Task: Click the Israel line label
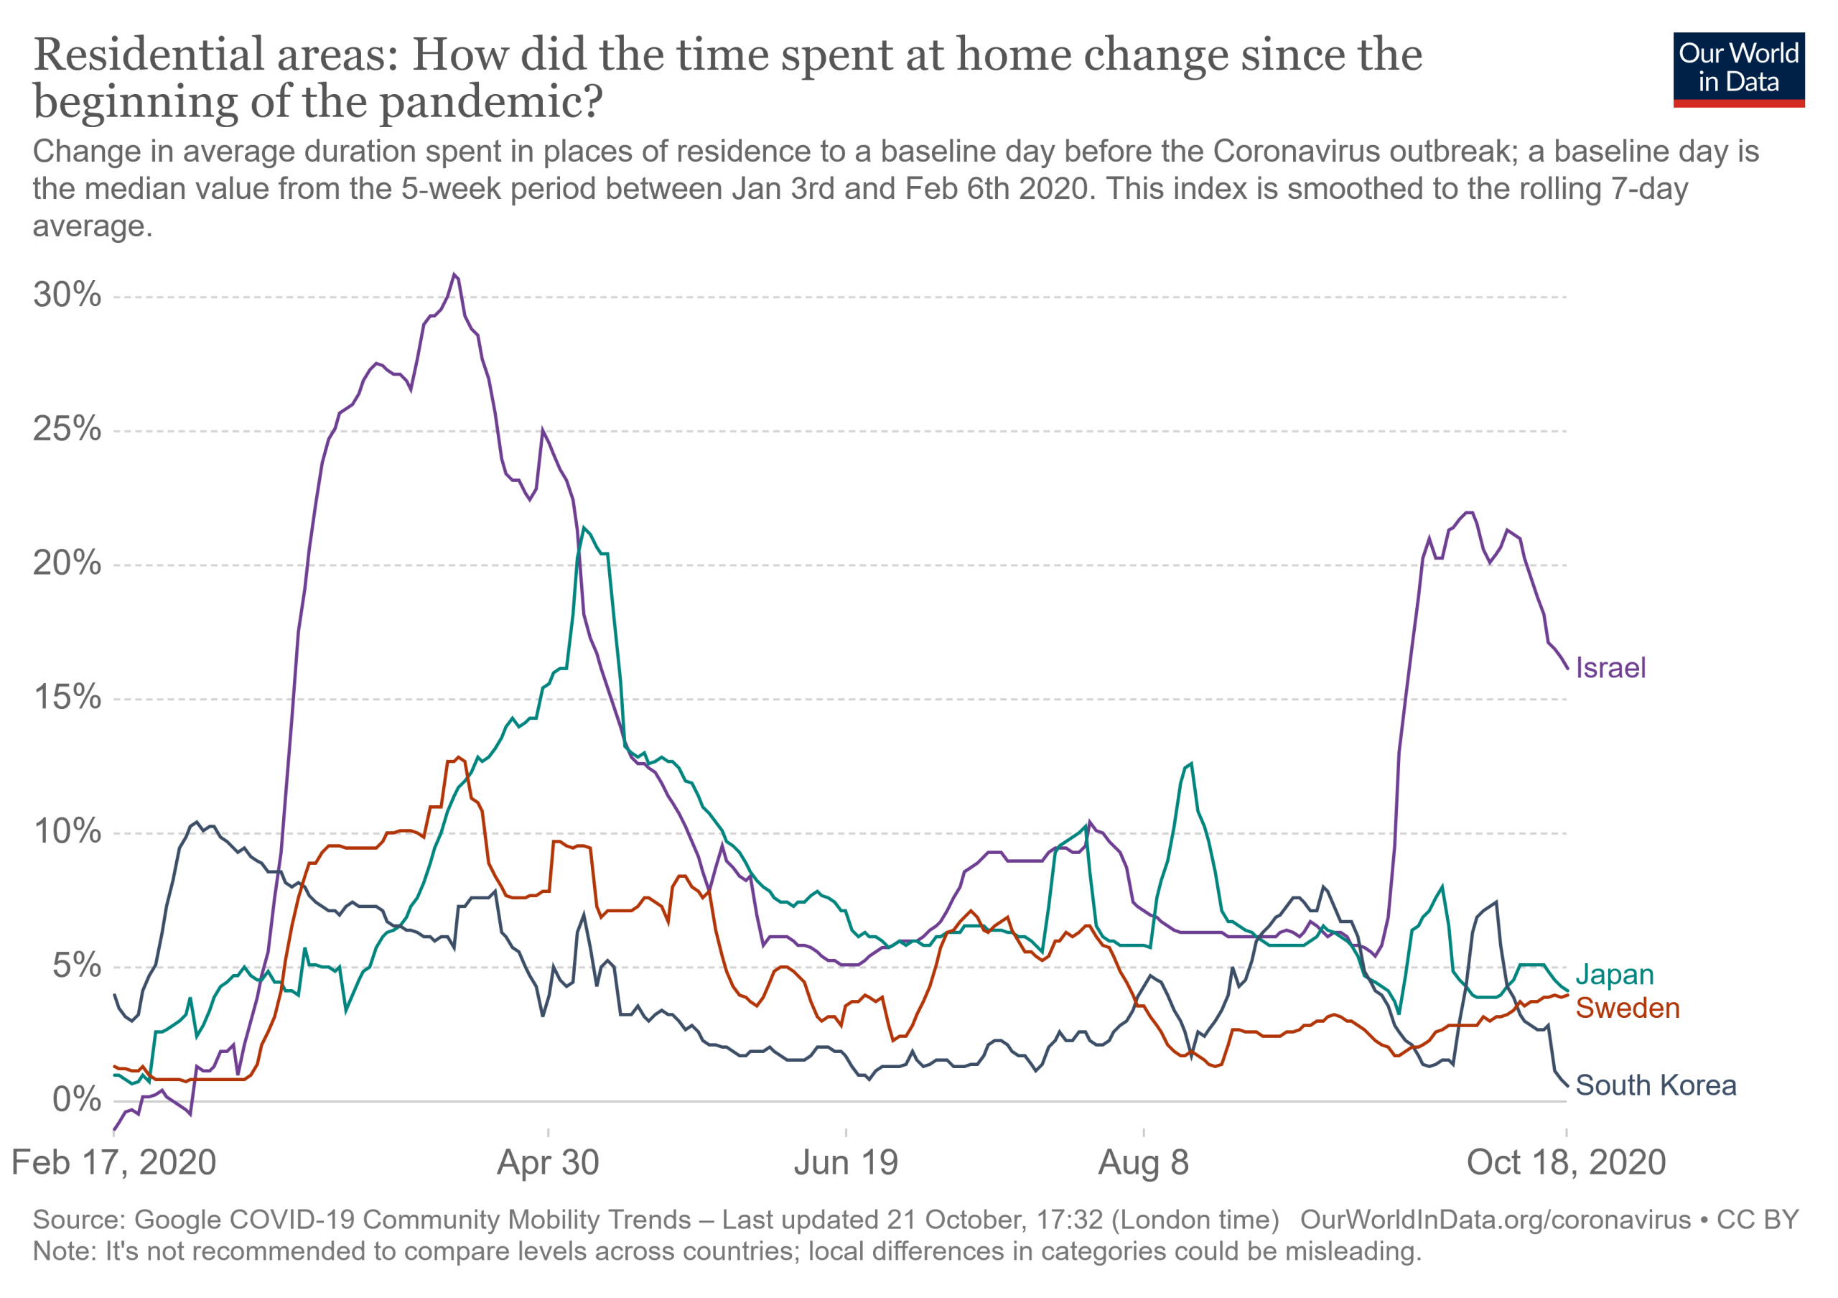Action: point(1610,668)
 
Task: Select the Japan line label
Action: point(1614,975)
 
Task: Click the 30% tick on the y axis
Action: point(67,295)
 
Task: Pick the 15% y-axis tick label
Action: point(67,697)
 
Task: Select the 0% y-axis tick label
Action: point(77,1100)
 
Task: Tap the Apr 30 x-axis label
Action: point(548,1163)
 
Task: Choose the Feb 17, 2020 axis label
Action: point(113,1163)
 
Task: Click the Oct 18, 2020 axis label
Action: point(1566,1163)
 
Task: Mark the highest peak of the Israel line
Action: point(454,274)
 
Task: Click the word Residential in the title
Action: point(149,55)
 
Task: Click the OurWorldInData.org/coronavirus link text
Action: point(1495,1220)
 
